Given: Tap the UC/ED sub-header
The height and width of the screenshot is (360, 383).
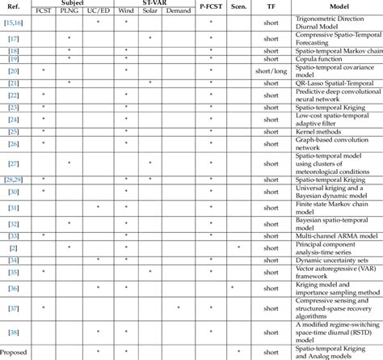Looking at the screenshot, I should coord(98,13).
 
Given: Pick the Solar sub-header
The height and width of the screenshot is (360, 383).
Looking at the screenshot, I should coord(150,13).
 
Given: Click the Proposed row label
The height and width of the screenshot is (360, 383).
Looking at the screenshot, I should coord(15,353).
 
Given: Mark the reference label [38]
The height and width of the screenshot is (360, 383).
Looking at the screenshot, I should coord(14,332).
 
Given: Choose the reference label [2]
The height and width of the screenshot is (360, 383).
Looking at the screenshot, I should coord(14,247).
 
